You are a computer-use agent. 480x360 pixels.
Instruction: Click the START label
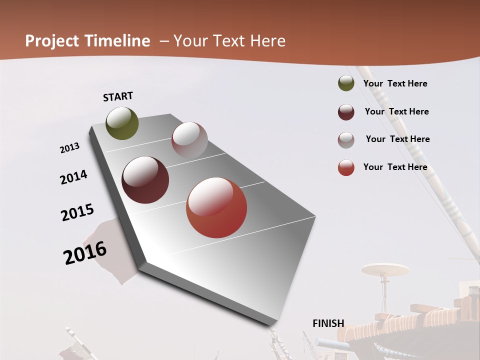(118, 96)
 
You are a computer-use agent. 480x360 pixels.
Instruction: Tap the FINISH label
(328, 323)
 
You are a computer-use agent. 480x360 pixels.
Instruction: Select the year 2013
(69, 148)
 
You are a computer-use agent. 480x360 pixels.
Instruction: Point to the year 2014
(73, 177)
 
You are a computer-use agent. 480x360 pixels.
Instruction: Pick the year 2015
(77, 212)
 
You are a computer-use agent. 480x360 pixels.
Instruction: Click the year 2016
(85, 253)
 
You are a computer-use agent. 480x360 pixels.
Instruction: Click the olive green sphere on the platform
(122, 123)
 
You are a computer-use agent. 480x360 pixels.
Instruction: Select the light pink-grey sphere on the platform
(189, 140)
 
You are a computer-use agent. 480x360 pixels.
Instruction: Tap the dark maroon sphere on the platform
(145, 180)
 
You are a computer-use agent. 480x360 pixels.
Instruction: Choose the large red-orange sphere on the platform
(216, 207)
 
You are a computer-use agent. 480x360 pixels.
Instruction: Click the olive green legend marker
(346, 83)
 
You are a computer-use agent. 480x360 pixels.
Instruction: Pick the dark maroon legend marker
(346, 112)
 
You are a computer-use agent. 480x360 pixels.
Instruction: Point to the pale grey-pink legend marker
(346, 140)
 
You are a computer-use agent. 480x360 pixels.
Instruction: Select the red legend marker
(346, 167)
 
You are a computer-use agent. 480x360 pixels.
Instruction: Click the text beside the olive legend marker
(395, 84)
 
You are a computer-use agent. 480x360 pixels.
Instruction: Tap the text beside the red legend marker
(395, 167)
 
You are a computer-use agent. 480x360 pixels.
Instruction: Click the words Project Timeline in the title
(87, 41)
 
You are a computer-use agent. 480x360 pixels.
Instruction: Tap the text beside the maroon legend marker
(397, 111)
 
